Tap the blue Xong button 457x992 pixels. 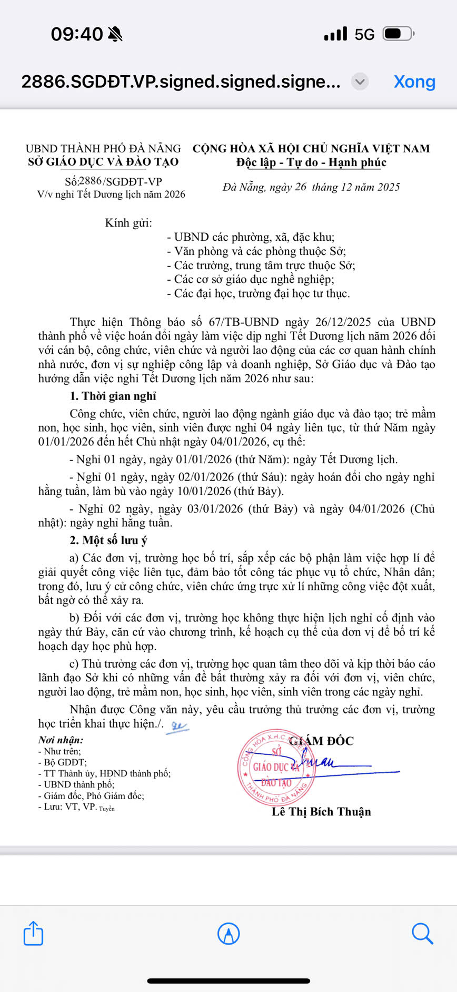pyautogui.click(x=414, y=82)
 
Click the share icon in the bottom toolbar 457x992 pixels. pyautogui.click(x=33, y=933)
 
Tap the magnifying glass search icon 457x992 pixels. pyautogui.click(x=422, y=933)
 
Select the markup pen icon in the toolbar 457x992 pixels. pyautogui.click(x=228, y=933)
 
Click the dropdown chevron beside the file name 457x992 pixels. pyautogui.click(x=360, y=82)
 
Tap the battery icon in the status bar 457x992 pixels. pyautogui.click(x=398, y=34)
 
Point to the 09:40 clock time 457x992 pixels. pyautogui.click(x=77, y=34)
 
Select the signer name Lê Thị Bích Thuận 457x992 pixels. pyautogui.click(x=321, y=812)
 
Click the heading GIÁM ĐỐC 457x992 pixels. pyautogui.click(x=322, y=741)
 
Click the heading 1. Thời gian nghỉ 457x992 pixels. pyautogui.click(x=113, y=396)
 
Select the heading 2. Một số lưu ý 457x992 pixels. pyautogui.click(x=108, y=540)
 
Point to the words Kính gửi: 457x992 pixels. pyautogui.click(x=128, y=223)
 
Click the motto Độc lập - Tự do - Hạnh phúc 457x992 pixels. pyautogui.click(x=311, y=162)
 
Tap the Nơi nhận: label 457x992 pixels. pyautogui.click(x=61, y=740)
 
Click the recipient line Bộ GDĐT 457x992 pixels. pyautogui.click(x=65, y=762)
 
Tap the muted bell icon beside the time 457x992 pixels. pyautogui.click(x=115, y=34)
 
